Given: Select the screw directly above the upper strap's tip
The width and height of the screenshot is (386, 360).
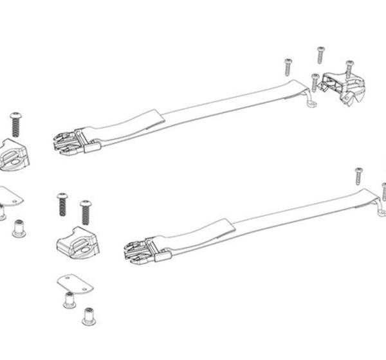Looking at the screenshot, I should point(288,66).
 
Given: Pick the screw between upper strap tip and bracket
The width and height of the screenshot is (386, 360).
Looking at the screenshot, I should point(315,82).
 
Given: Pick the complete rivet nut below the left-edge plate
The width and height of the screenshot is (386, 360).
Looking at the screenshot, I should point(19,230).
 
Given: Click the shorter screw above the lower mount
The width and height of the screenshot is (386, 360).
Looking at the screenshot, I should point(62,204).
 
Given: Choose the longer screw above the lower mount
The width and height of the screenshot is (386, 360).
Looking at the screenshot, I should point(85,213).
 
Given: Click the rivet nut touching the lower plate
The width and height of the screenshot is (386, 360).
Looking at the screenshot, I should point(68,299).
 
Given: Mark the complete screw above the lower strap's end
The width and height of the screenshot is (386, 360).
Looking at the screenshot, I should point(358,177).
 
